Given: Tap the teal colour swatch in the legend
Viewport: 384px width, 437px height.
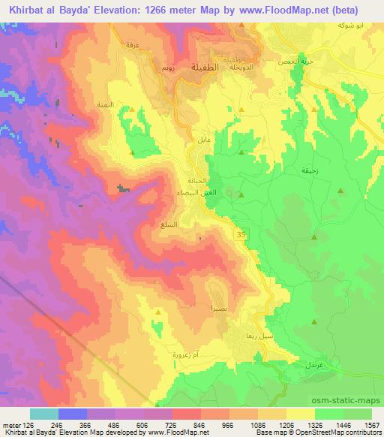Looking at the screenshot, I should click(x=44, y=413).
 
